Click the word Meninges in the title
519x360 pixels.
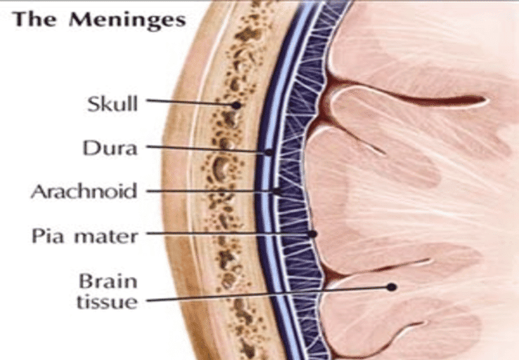pos(127,20)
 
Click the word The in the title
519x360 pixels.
pos(34,18)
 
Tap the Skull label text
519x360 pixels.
pos(112,104)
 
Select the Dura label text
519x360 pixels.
pos(110,147)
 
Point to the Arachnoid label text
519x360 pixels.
pos(84,192)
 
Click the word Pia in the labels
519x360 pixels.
pos(47,236)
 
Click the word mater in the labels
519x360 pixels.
pos(106,237)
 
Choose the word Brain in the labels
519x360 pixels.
pos(108,281)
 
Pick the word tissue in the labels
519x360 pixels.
pos(107,302)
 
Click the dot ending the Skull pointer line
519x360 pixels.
pos(237,105)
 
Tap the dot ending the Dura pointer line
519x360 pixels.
pos(269,152)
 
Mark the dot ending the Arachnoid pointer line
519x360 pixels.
pos(277,191)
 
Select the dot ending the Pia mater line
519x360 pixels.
pos(312,234)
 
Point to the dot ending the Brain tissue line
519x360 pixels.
pos(392,287)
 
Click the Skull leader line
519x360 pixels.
pos(190,102)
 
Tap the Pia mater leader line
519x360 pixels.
pos(228,234)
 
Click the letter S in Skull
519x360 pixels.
pos(93,105)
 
